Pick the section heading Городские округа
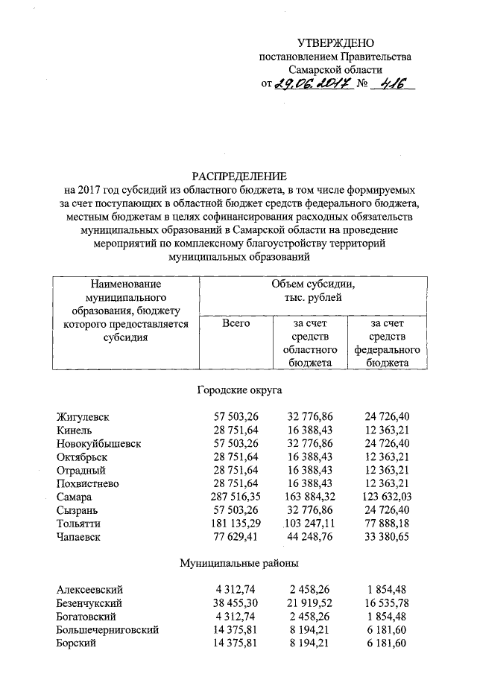point(239,390)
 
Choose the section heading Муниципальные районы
point(239,564)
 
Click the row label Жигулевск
point(83,417)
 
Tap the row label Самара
point(75,497)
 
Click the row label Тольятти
point(78,524)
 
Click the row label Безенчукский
point(89,603)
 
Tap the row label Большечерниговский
point(107,630)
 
